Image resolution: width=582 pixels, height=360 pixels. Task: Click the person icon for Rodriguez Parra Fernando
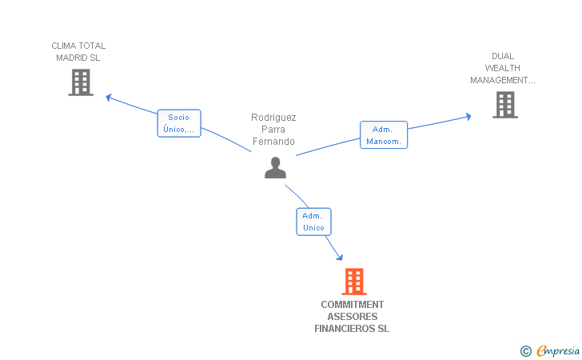coord(275,167)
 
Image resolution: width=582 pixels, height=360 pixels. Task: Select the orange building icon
coord(353,282)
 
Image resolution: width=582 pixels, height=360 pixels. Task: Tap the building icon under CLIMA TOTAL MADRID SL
coord(81,82)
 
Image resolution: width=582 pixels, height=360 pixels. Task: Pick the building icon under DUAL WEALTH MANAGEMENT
coord(504,105)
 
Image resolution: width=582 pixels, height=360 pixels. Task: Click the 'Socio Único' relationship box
coord(178,123)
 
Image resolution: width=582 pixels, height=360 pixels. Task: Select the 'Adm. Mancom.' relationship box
coord(384,135)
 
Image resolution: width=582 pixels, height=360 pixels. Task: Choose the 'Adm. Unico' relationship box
coord(313,222)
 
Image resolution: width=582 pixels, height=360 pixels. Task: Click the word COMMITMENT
coord(353,305)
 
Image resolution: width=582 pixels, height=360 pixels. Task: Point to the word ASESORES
coord(353,317)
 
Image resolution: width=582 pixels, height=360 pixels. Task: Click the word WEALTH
coord(502,68)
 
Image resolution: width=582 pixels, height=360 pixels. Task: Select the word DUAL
coord(503,56)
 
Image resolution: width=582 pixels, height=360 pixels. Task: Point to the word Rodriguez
coord(274,117)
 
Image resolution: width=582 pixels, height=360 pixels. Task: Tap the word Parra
coord(274,130)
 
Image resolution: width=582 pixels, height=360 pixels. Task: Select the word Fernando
coord(274,142)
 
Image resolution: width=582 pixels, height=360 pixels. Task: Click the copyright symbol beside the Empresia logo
coord(525,350)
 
